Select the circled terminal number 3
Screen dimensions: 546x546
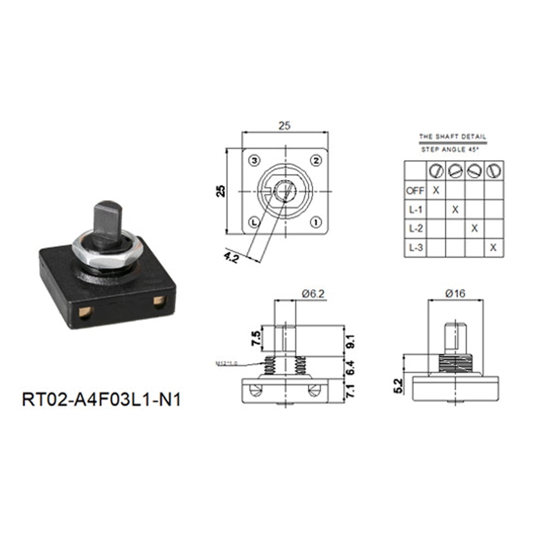point(253,160)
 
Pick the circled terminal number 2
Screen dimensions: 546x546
point(316,160)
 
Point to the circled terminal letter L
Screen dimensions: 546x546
point(253,222)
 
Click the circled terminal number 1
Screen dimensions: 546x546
point(316,222)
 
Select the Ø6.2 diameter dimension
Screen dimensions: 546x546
point(314,294)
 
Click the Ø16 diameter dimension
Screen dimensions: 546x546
point(455,294)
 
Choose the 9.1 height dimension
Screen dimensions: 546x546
point(351,340)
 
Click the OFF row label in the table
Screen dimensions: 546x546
point(414,191)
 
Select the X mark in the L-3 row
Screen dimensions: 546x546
point(494,247)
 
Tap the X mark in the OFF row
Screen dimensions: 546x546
point(436,190)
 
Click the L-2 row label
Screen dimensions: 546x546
point(414,228)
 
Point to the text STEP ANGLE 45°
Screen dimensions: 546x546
point(452,149)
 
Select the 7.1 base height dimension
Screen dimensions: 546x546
point(351,391)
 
